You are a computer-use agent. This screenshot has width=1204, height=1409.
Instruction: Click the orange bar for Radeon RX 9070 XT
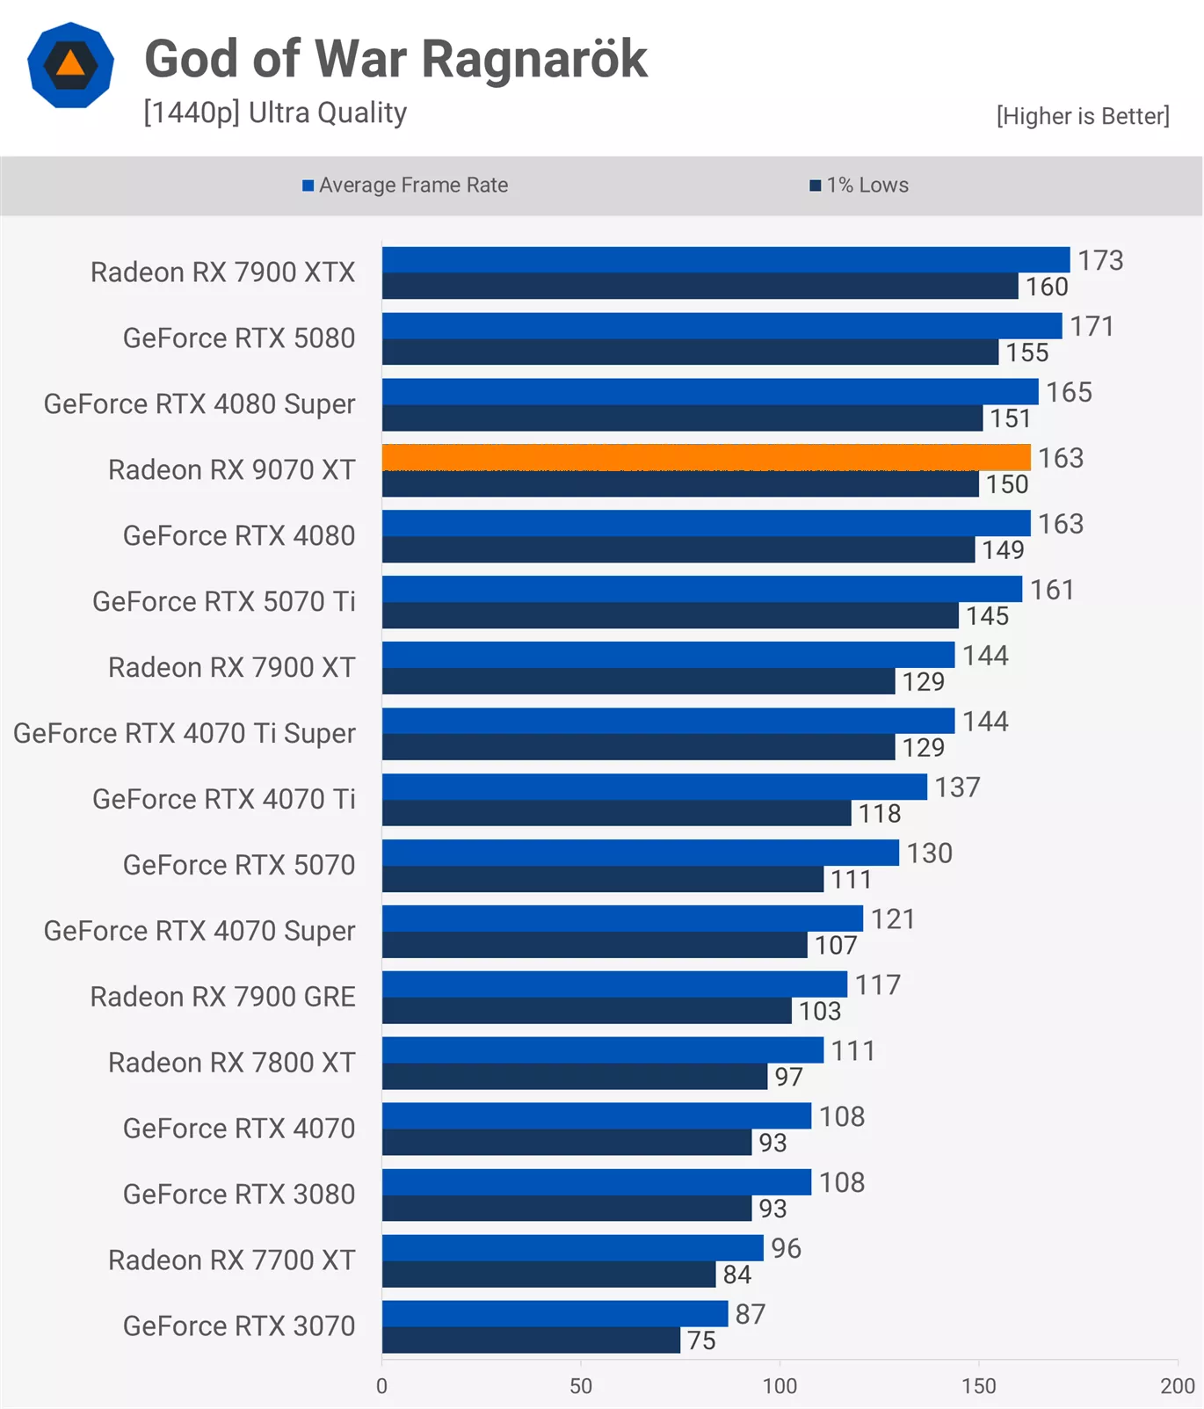706,457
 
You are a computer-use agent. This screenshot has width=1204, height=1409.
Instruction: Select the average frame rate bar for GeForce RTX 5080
722,325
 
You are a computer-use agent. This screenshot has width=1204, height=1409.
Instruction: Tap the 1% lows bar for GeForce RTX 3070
531,1340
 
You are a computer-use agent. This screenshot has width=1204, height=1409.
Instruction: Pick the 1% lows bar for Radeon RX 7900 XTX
700,286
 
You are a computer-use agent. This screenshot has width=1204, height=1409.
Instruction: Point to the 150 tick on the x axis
978,1386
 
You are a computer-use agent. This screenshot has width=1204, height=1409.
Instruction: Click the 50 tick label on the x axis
580,1386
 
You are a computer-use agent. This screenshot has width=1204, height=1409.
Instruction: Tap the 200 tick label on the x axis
1177,1386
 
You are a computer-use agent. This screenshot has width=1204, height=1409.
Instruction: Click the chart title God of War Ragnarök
395,59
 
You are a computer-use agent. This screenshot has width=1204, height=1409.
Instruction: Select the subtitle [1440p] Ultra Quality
275,113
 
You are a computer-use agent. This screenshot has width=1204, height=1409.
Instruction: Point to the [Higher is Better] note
1082,116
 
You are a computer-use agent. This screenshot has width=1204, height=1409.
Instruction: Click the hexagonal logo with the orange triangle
70,65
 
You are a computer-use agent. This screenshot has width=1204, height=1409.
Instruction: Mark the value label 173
1100,260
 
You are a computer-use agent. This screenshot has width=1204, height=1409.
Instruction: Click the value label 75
701,1340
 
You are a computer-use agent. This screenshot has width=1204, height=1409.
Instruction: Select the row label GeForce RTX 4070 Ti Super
185,733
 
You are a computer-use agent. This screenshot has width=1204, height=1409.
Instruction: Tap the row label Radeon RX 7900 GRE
223,997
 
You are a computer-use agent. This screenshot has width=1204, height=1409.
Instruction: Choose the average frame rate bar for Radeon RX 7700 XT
572,1247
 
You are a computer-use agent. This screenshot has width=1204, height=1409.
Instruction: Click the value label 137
957,787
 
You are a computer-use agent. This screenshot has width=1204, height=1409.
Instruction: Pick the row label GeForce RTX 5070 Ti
224,601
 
